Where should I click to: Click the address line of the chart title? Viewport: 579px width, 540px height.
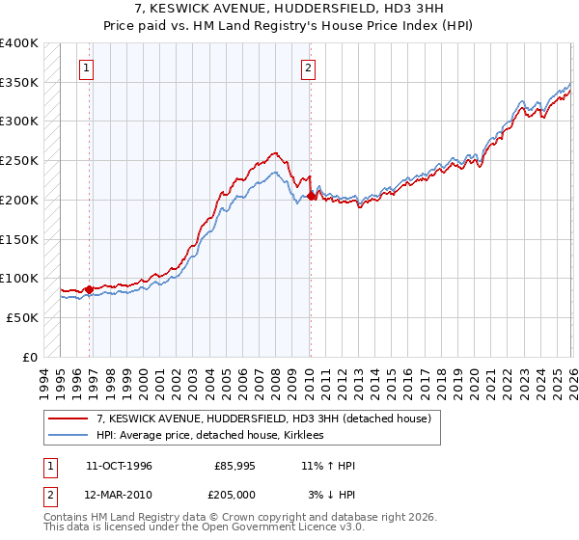[289, 9]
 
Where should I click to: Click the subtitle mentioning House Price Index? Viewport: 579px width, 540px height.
[289, 26]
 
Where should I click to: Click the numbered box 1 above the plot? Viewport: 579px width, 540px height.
[88, 68]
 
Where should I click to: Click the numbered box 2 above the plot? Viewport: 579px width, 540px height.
[308, 68]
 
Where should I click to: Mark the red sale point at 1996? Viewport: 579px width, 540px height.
[89, 289]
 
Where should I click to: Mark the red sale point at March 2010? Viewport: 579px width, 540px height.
[311, 196]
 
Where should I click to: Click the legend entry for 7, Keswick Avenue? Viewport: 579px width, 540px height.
[269, 418]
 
